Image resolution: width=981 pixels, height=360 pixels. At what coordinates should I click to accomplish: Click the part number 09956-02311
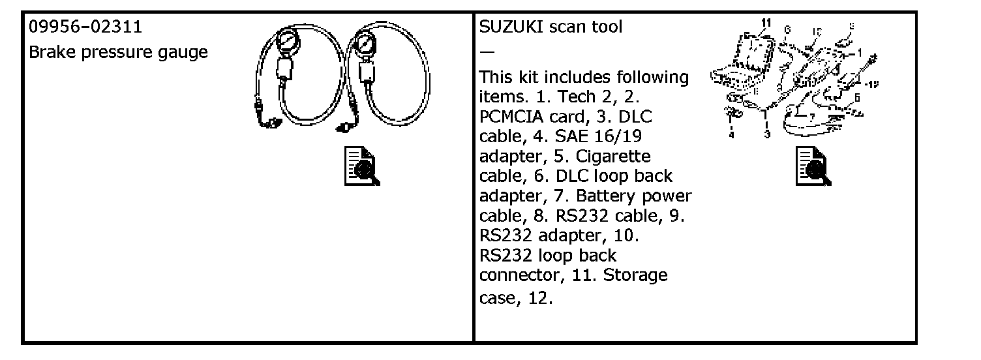pyautogui.click(x=85, y=27)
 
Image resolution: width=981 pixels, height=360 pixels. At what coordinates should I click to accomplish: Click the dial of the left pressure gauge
pyautogui.click(x=286, y=42)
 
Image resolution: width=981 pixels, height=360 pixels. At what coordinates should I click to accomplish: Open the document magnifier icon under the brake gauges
pyautogui.click(x=362, y=166)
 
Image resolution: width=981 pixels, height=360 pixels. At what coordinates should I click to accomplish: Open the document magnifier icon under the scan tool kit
pyautogui.click(x=813, y=166)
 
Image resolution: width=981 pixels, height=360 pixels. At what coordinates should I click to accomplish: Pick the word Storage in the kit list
pyautogui.click(x=635, y=275)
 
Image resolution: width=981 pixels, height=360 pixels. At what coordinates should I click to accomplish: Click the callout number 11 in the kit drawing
pyautogui.click(x=766, y=23)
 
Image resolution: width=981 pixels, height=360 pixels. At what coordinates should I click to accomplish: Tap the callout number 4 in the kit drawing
pyautogui.click(x=732, y=135)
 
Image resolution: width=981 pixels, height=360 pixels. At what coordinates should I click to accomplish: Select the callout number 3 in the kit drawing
pyautogui.click(x=767, y=134)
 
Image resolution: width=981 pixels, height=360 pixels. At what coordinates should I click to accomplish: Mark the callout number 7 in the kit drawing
pyautogui.click(x=811, y=117)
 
